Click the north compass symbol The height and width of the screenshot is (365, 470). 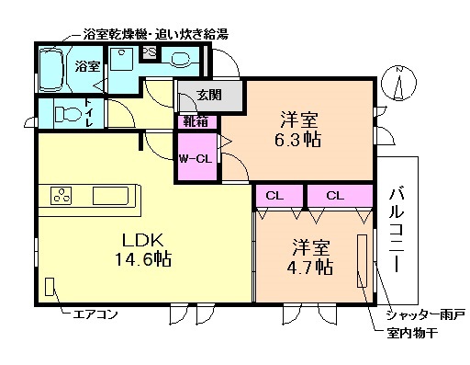pos(397,82)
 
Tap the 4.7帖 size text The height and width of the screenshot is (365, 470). pos(312,268)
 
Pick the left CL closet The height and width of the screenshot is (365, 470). pos(274,195)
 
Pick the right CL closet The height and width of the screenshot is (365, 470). pos(334,195)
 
